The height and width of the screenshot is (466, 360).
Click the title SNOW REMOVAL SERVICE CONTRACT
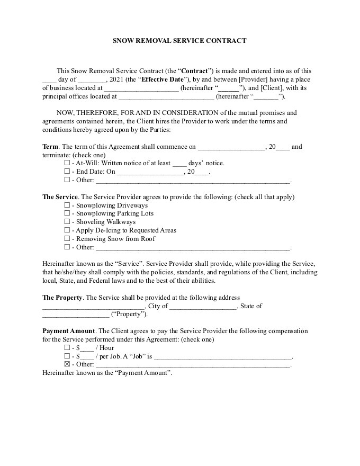179,41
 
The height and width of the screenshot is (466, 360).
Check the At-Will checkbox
67,163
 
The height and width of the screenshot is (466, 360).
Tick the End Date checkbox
67,172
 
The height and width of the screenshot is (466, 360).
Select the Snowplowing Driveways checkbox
67,205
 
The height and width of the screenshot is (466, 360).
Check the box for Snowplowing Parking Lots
67,213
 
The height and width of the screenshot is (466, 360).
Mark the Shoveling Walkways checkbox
67,222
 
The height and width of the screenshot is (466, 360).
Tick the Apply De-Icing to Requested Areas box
67,230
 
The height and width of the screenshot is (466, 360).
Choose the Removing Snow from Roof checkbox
67,239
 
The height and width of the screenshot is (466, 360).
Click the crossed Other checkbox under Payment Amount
67,364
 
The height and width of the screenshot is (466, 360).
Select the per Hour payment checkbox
67,348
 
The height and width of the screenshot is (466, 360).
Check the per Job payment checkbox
67,356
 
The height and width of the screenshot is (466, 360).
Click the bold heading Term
51,147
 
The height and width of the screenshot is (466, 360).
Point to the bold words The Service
60,197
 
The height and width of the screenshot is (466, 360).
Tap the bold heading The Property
62,298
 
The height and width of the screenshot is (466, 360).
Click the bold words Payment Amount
68,331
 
